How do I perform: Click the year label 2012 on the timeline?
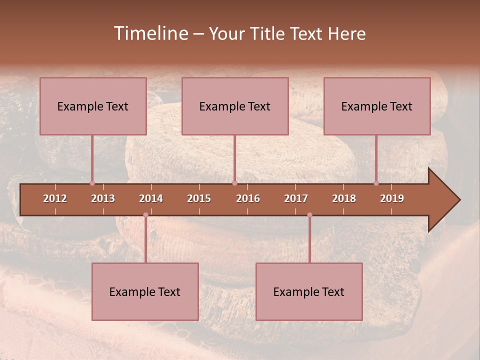pos(55,198)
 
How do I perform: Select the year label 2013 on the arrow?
pos(103,198)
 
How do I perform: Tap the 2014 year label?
pos(151,198)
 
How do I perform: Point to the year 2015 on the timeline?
pos(199,198)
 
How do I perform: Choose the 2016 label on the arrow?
pos(248,198)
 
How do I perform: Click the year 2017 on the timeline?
pos(296,198)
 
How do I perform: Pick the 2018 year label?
pos(344,198)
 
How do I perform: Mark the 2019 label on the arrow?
pos(392,198)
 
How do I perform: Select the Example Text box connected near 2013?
pos(93,106)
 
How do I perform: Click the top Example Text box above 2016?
pos(235,106)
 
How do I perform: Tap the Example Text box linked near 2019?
pos(377,106)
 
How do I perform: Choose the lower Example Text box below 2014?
pos(145,291)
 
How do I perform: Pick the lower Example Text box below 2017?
pos(309,291)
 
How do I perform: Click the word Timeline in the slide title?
pos(150,33)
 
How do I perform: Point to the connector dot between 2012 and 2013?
pos(92,183)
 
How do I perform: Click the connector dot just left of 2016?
pos(234,183)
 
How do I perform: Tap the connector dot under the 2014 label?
pos(145,215)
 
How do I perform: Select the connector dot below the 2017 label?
pos(309,215)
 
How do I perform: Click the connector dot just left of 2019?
pos(376,183)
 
